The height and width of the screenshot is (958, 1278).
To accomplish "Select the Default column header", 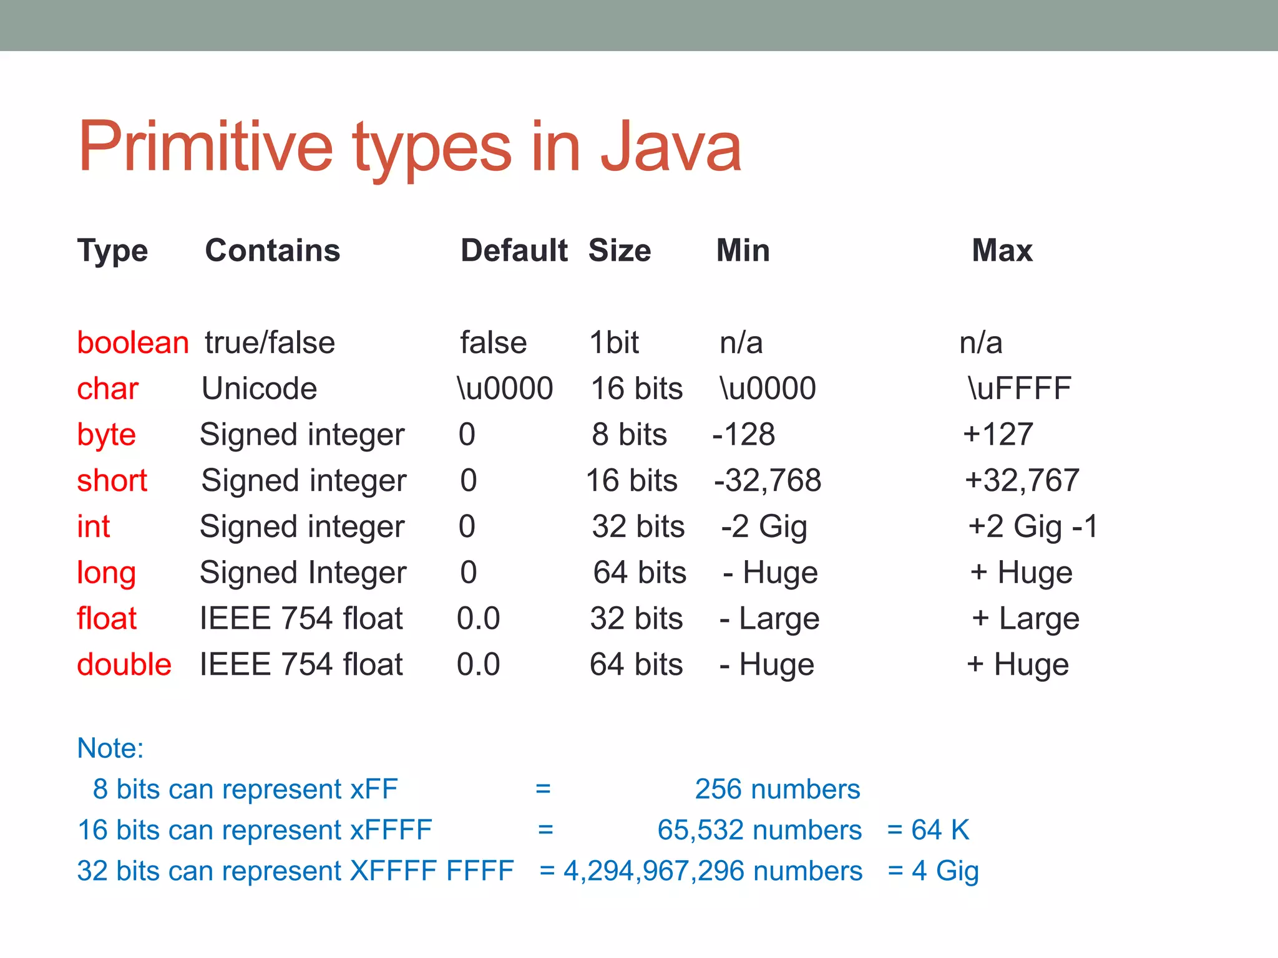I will [514, 251].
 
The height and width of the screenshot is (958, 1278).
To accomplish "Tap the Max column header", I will [1002, 251].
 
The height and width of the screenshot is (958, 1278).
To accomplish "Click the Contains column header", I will [273, 251].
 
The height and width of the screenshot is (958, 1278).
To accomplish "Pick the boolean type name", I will [132, 342].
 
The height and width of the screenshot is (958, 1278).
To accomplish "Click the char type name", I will [107, 389].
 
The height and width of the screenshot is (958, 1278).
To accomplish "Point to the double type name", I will [124, 664].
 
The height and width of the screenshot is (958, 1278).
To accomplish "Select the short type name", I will [112, 481].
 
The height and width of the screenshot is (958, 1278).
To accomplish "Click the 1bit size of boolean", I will [614, 342].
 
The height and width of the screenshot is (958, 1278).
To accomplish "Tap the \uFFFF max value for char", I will [1019, 389].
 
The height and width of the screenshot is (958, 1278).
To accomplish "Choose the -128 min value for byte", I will [744, 434].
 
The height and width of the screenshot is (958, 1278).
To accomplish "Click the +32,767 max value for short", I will [1022, 481].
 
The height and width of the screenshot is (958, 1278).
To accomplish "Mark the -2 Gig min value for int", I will [764, 526].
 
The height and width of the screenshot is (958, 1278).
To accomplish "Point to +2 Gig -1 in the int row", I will [1033, 526].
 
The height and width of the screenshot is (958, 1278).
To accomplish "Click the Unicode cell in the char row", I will [260, 389].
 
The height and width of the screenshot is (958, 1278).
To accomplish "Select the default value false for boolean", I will [493, 342].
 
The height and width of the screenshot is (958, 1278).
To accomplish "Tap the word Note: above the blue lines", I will [110, 748].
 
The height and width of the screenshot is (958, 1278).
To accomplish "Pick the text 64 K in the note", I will [940, 830].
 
